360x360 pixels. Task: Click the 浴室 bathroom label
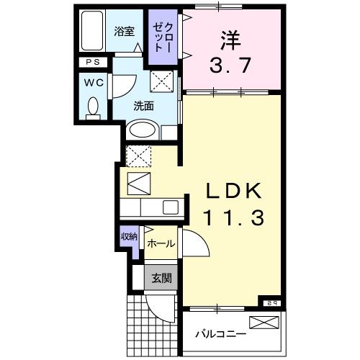124,31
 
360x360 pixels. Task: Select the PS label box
94,63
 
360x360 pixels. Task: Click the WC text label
94,82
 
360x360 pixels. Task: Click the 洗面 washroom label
143,106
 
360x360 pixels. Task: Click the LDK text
230,191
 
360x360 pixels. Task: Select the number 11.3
230,216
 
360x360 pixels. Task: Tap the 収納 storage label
129,237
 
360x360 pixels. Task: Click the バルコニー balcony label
221,335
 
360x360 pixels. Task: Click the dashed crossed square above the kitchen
136,154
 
